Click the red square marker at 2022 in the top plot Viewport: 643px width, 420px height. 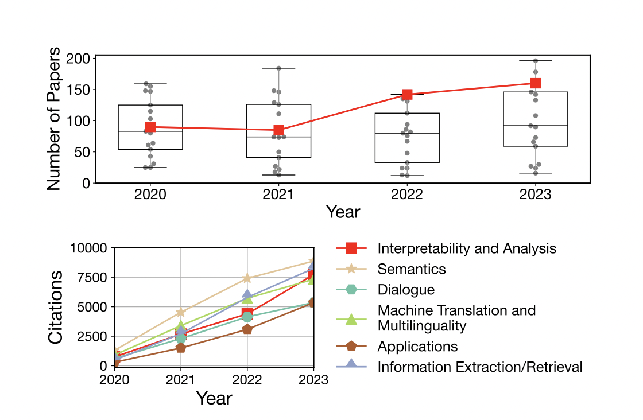pos(407,95)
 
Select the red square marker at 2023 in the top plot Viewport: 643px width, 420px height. pos(535,83)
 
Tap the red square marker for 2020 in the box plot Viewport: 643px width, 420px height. pos(150,127)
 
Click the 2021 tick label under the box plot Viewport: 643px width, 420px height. pos(278,195)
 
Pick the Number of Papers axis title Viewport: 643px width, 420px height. pos(53,119)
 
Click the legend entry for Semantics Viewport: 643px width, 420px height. pos(411,269)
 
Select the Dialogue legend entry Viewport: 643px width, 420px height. pos(406,290)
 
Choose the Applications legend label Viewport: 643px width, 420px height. pos(417,347)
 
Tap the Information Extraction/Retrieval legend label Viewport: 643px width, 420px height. pos(479,367)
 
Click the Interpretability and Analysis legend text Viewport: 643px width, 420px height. pos(467,248)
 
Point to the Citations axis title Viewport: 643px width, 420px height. pos(56,307)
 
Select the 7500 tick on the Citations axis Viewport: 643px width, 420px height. pos(92,278)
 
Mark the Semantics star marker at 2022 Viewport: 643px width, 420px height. pos(247,278)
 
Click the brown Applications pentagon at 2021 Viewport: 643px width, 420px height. pos(181,348)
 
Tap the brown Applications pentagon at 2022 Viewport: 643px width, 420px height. pos(247,329)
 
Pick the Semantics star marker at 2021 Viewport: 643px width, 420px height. pos(181,312)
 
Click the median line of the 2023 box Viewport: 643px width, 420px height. pos(535,126)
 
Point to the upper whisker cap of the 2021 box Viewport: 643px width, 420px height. pos(278,68)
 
